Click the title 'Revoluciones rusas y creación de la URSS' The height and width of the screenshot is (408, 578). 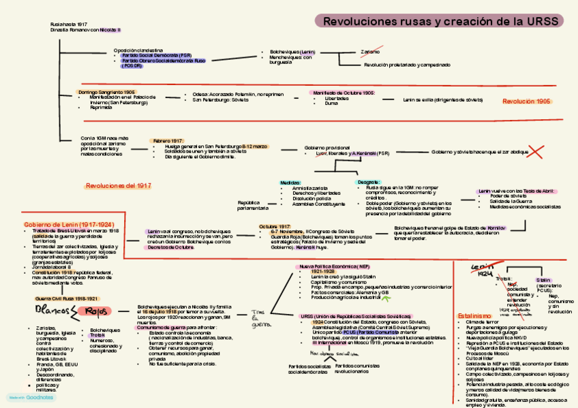(x=440, y=22)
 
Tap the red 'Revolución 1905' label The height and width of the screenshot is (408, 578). (x=526, y=101)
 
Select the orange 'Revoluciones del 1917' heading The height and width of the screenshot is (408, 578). (x=119, y=185)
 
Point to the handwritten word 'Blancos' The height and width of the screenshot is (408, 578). (x=52, y=311)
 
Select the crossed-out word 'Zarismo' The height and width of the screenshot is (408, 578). (x=371, y=52)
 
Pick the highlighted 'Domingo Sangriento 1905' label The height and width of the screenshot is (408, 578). (x=106, y=92)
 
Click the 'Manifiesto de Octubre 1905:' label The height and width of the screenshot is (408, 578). (x=344, y=93)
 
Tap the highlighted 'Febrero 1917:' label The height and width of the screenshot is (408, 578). (x=168, y=140)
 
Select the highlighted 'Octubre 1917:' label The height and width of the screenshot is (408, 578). (x=274, y=227)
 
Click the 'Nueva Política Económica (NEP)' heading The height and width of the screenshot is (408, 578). (x=335, y=266)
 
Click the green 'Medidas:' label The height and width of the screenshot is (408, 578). (x=290, y=182)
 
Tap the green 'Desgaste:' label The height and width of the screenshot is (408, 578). (x=369, y=182)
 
